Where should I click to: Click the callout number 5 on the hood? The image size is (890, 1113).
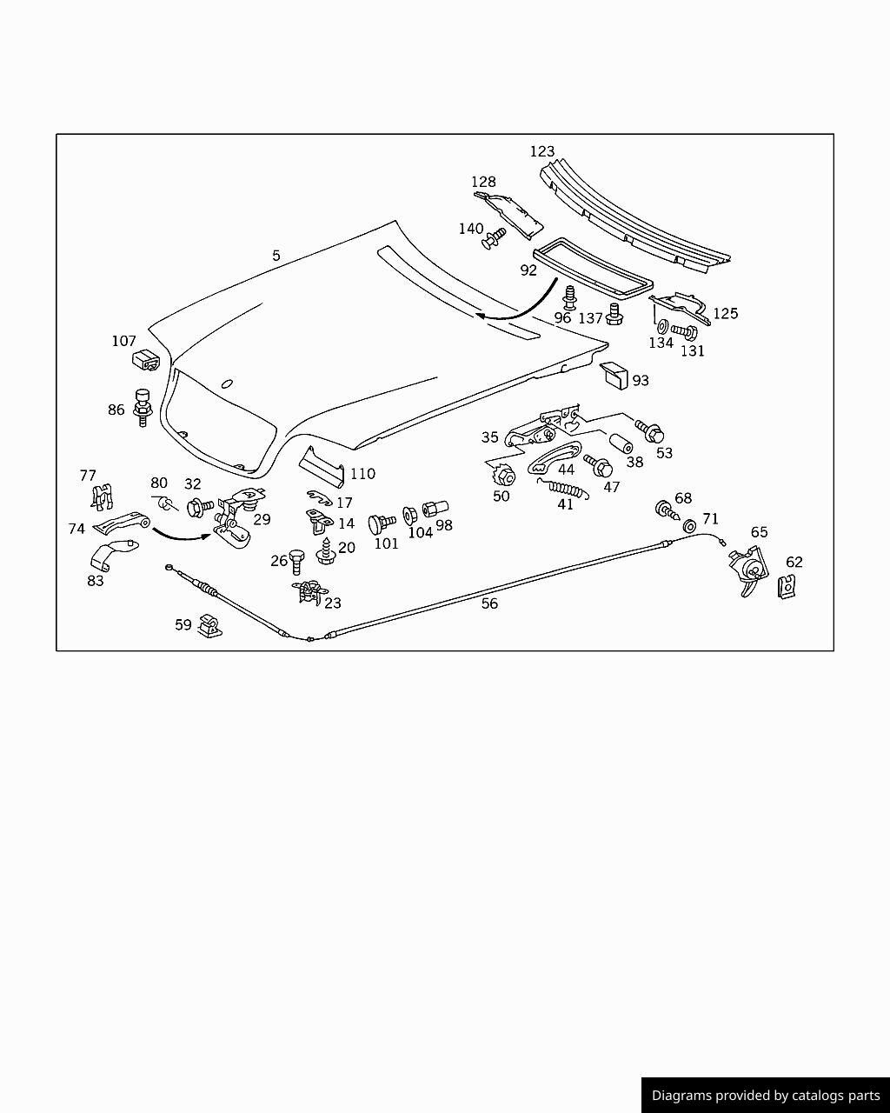point(276,256)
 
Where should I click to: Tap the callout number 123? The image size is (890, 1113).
point(542,152)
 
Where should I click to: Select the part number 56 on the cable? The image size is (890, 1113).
point(489,603)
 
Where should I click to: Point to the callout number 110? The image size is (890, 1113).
point(362,474)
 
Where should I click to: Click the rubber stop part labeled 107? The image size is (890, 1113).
point(146,359)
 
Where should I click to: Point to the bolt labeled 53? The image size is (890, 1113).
point(649,430)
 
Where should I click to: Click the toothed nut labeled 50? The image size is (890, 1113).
point(503,476)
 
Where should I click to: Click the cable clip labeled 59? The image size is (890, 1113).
point(208,626)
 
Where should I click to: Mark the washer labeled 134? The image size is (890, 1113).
point(661,327)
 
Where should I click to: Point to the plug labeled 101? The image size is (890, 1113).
point(381,523)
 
